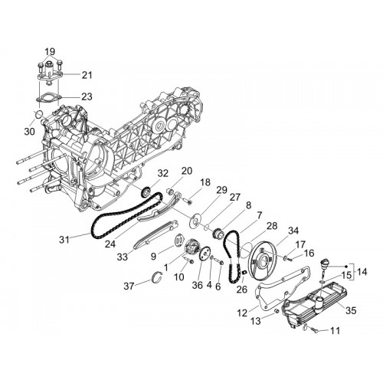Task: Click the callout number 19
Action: pyautogui.click(x=50, y=51)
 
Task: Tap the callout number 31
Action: pyautogui.click(x=64, y=240)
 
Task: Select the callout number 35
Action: pyautogui.click(x=351, y=310)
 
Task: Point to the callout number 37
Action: pyautogui.click(x=129, y=286)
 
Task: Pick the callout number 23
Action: pyautogui.click(x=87, y=97)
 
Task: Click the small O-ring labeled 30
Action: pyautogui.click(x=38, y=115)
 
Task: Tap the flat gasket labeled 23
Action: pyautogui.click(x=48, y=98)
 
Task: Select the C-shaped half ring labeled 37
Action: pyautogui.click(x=158, y=278)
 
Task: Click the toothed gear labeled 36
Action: pyautogui.click(x=205, y=254)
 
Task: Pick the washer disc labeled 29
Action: pyautogui.click(x=195, y=220)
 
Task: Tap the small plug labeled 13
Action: pyautogui.click(x=276, y=311)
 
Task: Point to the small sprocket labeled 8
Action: pyautogui.click(x=218, y=233)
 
